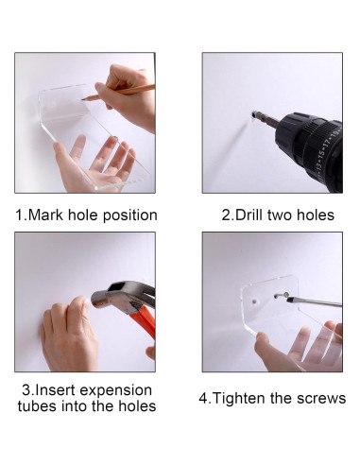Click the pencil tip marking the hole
tap(82, 99)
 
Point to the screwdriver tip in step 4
tap(288, 299)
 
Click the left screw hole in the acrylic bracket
tap(254, 301)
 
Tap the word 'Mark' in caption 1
tap(46, 215)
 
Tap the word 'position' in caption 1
tap(130, 215)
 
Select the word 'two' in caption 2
tap(279, 215)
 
